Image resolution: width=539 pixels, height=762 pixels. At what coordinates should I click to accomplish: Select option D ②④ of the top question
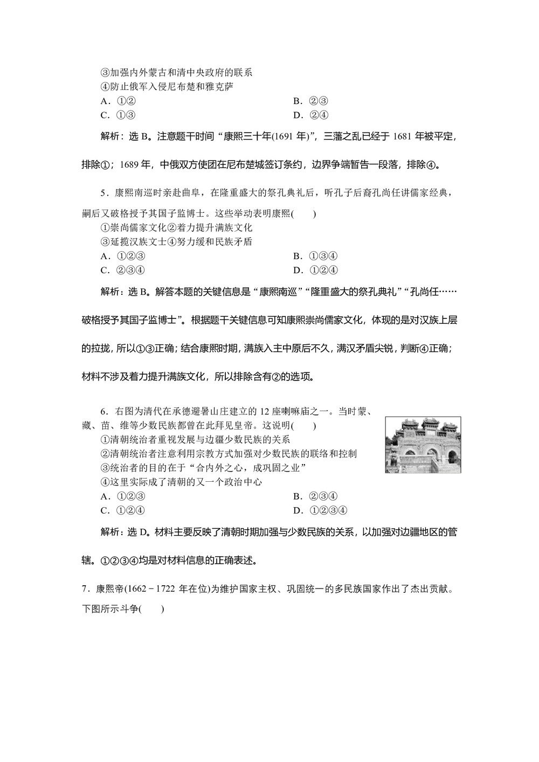[311, 115]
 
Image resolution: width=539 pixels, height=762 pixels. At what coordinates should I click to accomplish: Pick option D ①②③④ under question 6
[320, 510]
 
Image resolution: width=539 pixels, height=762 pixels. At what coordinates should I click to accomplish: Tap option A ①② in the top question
[118, 101]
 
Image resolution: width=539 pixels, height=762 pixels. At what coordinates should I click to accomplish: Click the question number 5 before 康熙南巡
[105, 193]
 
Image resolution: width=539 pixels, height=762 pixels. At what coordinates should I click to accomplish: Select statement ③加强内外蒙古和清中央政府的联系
[177, 72]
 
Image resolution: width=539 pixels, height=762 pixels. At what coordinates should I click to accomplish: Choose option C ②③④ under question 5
[123, 270]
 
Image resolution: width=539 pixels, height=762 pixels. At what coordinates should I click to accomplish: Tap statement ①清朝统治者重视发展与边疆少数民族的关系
[195, 440]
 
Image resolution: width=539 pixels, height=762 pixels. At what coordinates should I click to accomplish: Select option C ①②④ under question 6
[123, 510]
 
